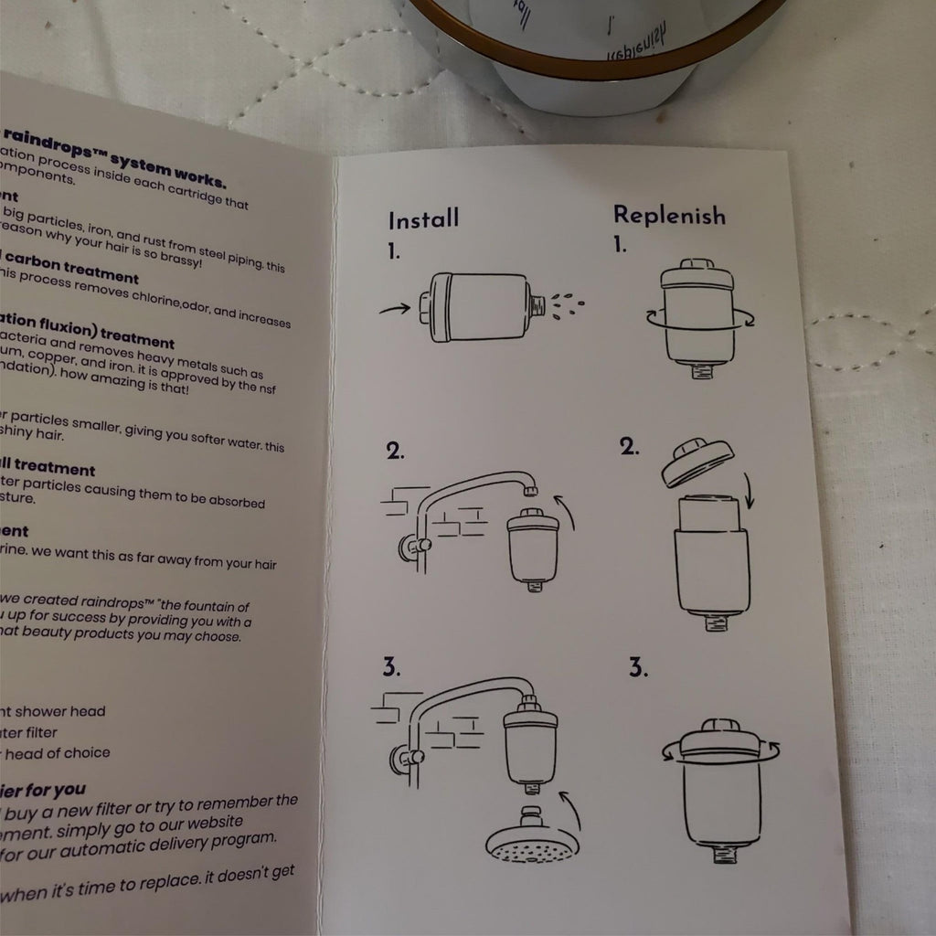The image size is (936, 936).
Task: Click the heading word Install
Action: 423,220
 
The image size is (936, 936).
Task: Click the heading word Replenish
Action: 669,216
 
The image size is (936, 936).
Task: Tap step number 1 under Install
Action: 393,253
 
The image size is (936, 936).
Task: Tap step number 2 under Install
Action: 395,451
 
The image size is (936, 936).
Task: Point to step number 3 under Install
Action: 391,668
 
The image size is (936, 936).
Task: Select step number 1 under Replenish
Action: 620,245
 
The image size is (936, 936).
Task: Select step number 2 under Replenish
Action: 628,447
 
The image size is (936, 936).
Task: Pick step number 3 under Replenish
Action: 638,667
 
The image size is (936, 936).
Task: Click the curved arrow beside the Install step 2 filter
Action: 567,512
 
